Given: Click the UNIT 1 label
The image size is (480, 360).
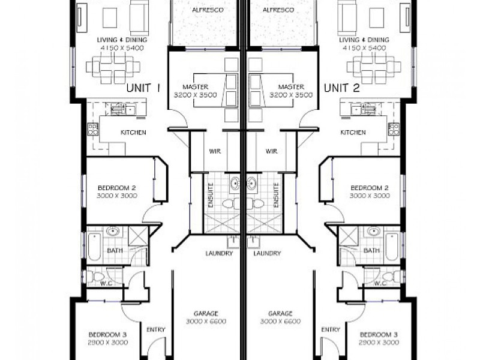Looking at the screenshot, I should pyautogui.click(x=143, y=88).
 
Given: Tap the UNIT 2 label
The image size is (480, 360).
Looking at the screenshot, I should pyautogui.click(x=342, y=88).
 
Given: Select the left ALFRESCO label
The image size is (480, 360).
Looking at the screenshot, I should pyautogui.click(x=205, y=11).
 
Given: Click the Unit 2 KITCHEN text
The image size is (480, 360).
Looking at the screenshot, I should pyautogui.click(x=353, y=133).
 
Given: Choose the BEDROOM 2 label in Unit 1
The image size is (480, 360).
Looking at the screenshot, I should pyautogui.click(x=117, y=188).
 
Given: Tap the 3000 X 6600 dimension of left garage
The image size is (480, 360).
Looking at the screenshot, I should pyautogui.click(x=205, y=322).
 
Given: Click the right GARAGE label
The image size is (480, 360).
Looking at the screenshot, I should pyautogui.click(x=280, y=314).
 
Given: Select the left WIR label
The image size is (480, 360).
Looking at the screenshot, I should pyautogui.click(x=214, y=152).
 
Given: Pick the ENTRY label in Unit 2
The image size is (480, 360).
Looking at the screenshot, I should pyautogui.click(x=331, y=329).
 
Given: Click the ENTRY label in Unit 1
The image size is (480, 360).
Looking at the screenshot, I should pyautogui.click(x=156, y=329).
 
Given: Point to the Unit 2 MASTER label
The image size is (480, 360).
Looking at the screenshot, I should pyautogui.click(x=283, y=86).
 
